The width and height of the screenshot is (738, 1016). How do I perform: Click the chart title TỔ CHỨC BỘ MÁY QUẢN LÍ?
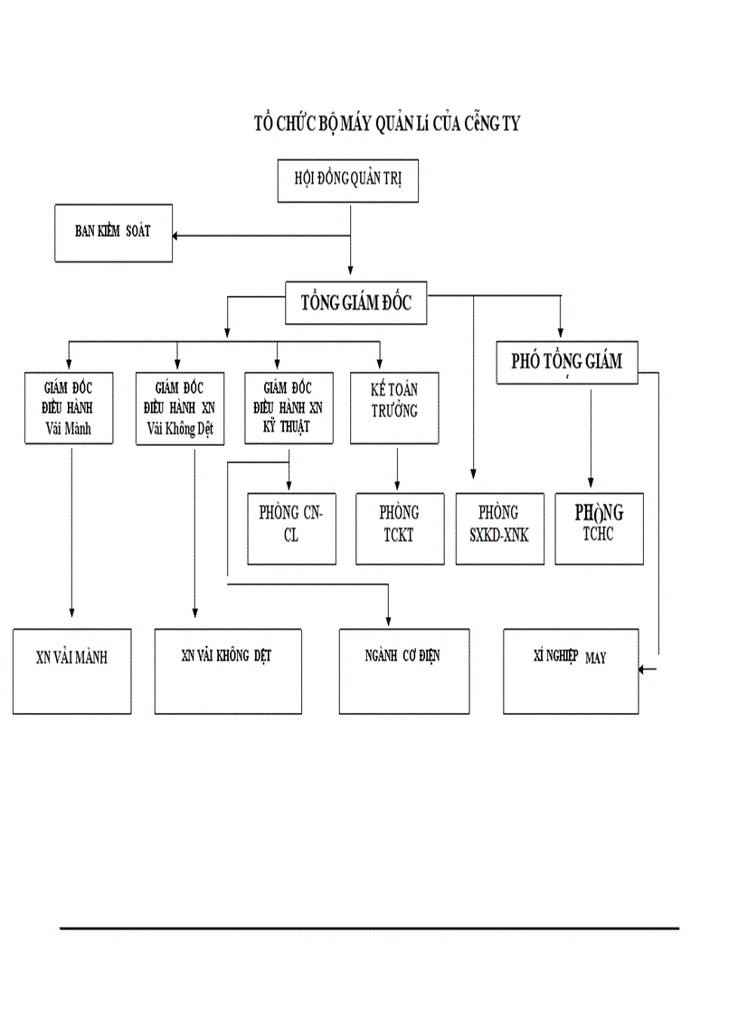coord(386,125)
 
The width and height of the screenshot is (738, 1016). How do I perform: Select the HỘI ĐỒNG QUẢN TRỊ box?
coord(349,179)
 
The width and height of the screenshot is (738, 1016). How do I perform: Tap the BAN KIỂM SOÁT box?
coord(113,233)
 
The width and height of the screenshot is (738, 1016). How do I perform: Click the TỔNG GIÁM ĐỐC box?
coord(356,303)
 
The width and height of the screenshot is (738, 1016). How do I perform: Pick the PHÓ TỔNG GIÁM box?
coord(567,361)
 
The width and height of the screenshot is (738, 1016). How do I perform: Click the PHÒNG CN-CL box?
coord(291,528)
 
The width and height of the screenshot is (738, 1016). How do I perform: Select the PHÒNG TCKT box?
coord(400,528)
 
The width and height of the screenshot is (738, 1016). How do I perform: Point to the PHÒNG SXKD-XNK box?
coord(500,528)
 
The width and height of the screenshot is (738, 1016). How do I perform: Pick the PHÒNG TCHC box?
coord(599,528)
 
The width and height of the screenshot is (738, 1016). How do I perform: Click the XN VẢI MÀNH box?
coord(71,670)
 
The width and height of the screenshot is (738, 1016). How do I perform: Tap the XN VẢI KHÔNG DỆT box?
coord(227,670)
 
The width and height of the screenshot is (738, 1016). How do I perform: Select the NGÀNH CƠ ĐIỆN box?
coord(404,670)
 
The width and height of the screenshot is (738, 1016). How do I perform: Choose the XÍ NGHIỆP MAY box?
coord(570,670)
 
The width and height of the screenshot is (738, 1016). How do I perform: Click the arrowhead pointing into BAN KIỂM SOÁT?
coord(178,236)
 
